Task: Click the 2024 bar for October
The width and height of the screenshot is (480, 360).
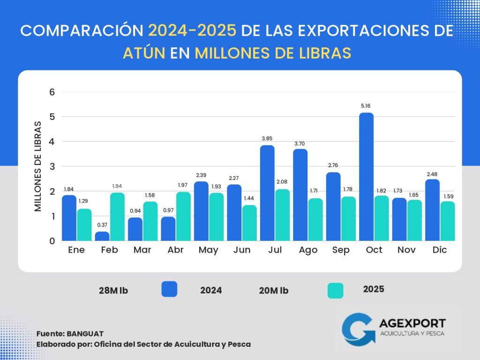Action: [367, 177]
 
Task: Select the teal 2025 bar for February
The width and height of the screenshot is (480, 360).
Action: [118, 217]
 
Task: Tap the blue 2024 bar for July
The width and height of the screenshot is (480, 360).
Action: [267, 193]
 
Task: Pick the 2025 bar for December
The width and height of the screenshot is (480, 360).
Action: [448, 221]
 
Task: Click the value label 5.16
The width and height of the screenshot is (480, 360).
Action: [367, 106]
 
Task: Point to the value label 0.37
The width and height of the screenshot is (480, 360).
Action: [103, 225]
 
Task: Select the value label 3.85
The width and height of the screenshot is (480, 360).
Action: [267, 138]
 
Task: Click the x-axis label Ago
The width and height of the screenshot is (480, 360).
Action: [307, 250]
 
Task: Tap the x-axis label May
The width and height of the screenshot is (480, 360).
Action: [208, 250]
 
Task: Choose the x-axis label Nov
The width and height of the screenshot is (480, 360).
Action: [407, 250]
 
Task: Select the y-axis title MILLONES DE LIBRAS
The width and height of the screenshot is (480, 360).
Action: [38, 166]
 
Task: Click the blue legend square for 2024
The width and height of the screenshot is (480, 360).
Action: [169, 289]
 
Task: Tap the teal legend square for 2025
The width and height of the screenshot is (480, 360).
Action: [335, 290]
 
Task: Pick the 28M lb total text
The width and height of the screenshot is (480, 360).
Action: [113, 291]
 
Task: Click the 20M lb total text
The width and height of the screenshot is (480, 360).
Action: [274, 291]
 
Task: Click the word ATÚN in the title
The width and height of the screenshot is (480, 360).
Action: [144, 53]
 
